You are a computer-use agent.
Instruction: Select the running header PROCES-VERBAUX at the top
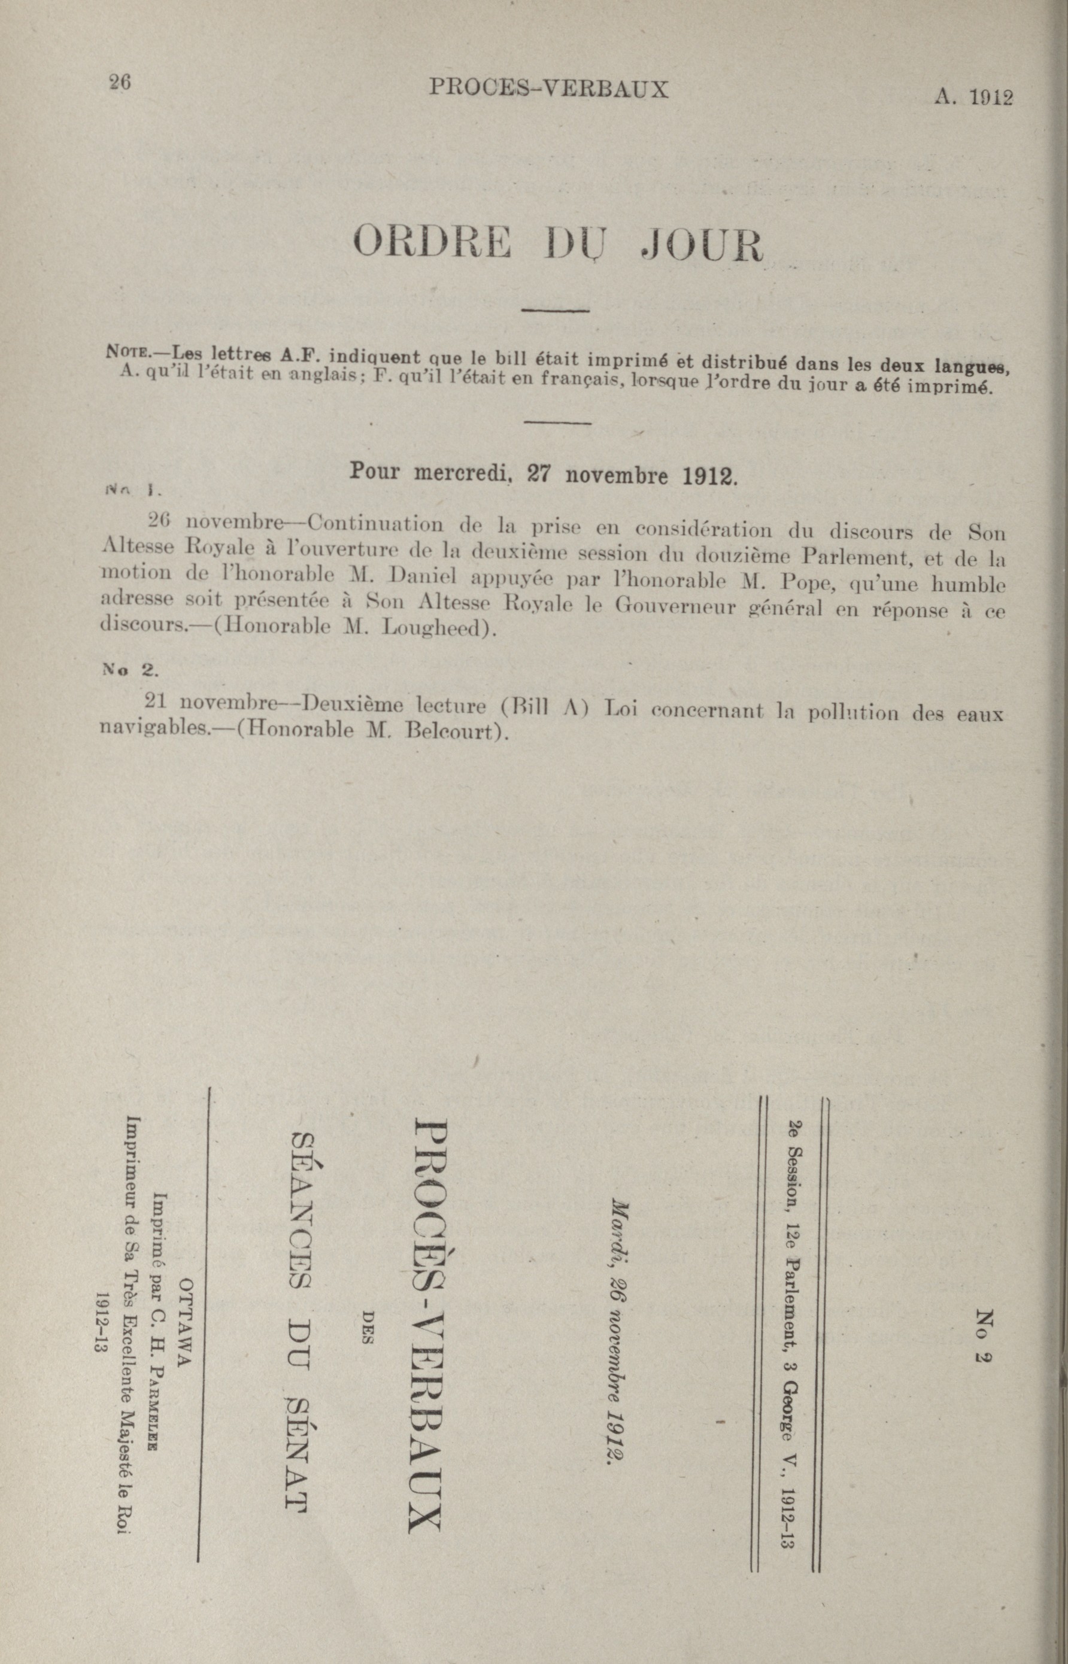548,88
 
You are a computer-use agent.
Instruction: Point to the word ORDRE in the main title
433,242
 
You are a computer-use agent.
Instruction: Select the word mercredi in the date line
462,473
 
